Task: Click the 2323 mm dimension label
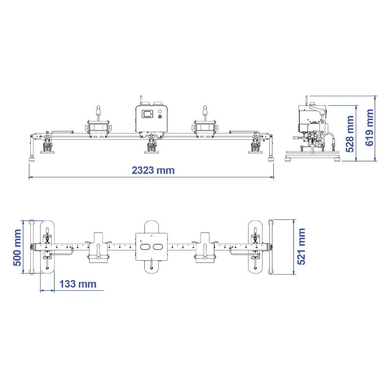pos(153,171)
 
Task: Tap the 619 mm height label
pos(369,128)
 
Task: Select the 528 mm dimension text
pos(350,134)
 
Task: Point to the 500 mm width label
pos(17,248)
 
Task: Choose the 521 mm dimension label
pos(301,247)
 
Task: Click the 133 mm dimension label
pos(78,284)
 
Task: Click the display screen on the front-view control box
pos(147,114)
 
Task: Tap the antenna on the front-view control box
pos(141,100)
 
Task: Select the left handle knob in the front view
pos(98,110)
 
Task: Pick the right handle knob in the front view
pos(205,110)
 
